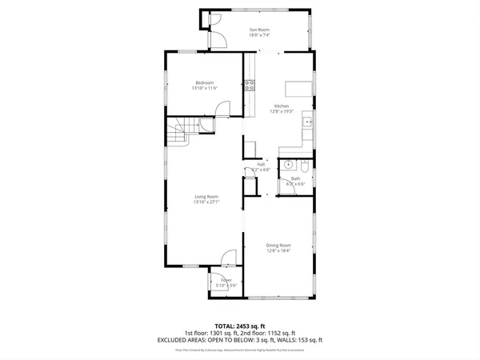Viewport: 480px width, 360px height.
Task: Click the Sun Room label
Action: click(x=258, y=30)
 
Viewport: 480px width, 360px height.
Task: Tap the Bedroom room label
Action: click(x=205, y=82)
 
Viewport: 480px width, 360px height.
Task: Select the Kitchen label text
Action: click(x=282, y=106)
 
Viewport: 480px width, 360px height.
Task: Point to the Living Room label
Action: click(x=206, y=196)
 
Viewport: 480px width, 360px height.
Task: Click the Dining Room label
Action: click(x=278, y=245)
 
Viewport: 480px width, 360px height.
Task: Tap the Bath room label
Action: click(x=295, y=178)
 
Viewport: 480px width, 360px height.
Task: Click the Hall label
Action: click(x=261, y=165)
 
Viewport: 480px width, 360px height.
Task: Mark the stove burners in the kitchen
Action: click(x=250, y=86)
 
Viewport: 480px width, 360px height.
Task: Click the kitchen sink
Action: click(x=307, y=122)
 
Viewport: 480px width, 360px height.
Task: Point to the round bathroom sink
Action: click(x=291, y=166)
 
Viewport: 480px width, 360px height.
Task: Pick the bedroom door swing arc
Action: click(x=226, y=108)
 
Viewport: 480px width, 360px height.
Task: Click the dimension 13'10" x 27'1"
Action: click(x=206, y=202)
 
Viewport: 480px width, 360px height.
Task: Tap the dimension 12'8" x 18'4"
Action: click(x=278, y=250)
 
